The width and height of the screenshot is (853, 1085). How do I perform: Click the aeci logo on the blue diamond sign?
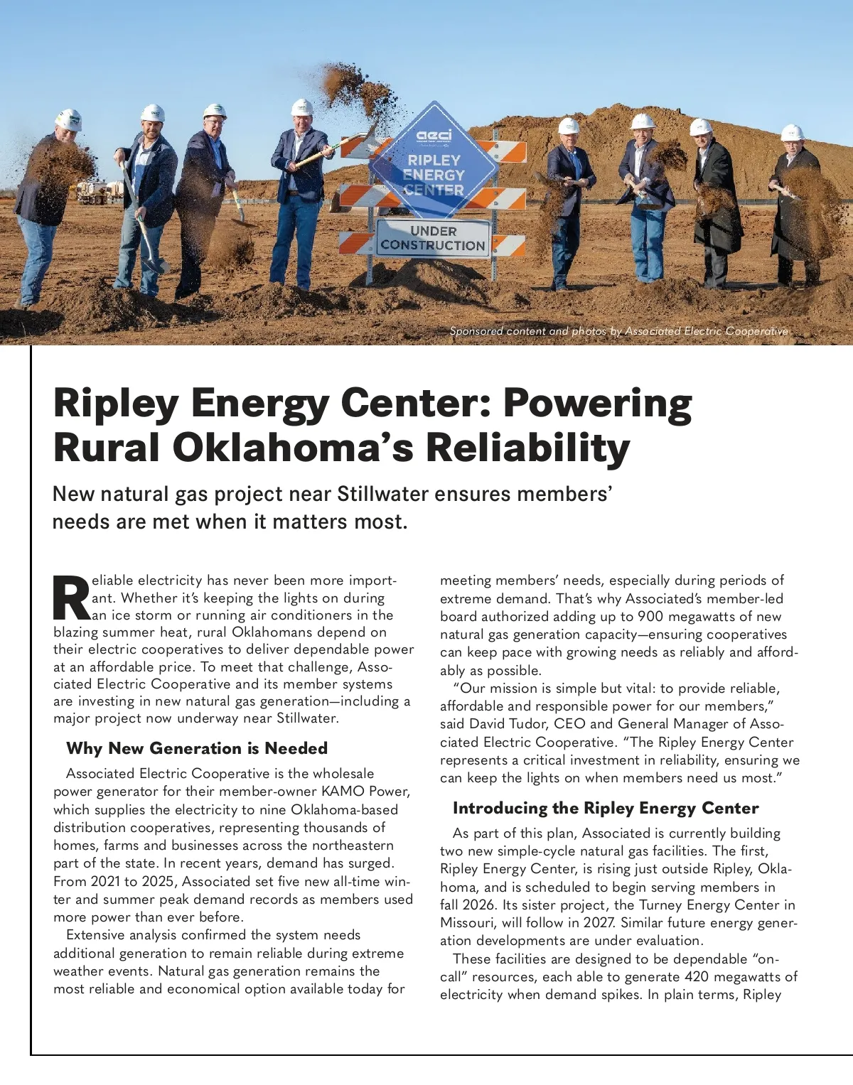434,134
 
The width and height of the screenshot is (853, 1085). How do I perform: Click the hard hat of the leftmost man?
69,118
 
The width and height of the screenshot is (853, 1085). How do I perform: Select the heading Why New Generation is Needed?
197,748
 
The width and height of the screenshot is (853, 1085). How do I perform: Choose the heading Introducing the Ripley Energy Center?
606,808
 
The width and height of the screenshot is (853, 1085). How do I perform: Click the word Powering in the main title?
597,403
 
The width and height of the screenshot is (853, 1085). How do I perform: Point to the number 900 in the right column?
650,617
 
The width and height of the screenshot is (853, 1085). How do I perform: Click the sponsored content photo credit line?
618,331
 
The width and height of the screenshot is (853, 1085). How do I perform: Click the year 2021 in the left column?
105,882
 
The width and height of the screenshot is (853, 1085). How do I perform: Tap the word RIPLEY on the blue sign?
434,161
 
